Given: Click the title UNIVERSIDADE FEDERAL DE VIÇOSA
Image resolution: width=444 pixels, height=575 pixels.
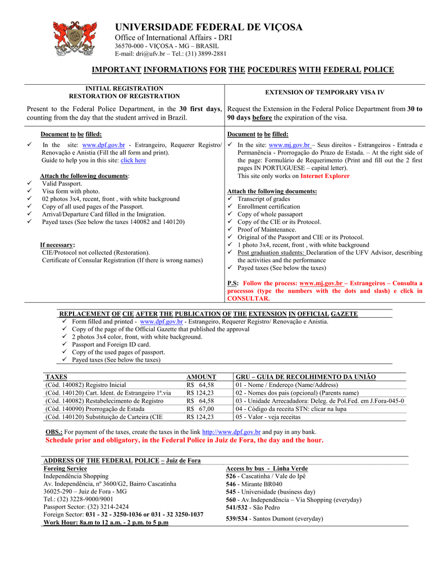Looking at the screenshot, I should click(209, 28).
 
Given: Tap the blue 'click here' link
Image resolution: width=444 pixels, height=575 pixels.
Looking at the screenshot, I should click(133, 160).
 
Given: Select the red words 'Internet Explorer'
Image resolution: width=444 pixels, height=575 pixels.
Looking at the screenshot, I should click(325, 176).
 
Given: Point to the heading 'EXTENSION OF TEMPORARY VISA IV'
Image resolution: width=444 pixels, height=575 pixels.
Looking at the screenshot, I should click(324, 92).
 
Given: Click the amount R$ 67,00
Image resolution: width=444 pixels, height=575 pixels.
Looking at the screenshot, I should click(200, 409).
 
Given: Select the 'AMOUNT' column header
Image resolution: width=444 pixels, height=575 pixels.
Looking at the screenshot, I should click(201, 377).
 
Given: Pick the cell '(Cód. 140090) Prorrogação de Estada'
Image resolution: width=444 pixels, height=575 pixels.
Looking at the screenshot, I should click(94, 409).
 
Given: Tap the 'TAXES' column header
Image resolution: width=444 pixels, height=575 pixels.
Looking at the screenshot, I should click(56, 377).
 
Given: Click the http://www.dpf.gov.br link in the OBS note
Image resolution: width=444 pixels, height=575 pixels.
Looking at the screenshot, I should click(231, 432).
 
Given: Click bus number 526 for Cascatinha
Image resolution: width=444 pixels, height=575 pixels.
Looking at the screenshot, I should click(231, 476).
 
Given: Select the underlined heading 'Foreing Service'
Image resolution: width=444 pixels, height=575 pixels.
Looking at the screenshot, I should click(65, 468).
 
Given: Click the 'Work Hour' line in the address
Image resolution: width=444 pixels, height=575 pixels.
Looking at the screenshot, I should click(106, 522).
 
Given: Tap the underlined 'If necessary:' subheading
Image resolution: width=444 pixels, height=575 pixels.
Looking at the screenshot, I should click(57, 245).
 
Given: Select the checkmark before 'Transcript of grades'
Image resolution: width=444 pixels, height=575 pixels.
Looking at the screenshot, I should click(230, 199).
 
